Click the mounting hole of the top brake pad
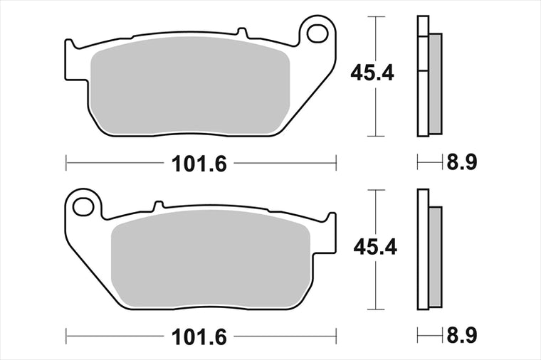317,33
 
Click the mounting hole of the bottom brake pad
83,206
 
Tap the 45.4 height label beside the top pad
372,73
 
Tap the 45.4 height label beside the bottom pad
375,247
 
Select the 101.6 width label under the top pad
199,164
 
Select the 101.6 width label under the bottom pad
199,337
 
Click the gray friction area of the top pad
189,85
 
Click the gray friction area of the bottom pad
211,259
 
